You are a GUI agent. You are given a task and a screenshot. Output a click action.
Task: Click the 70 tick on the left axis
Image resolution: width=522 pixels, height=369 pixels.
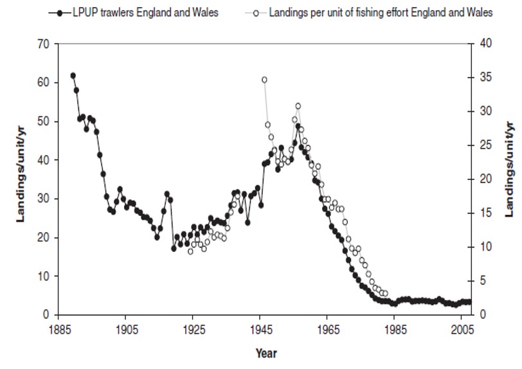tap(44, 44)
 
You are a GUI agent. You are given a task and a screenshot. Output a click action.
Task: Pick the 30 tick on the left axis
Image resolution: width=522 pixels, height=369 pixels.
tap(44, 199)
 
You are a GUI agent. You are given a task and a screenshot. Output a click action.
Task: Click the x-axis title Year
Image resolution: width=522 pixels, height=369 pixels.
tap(265, 353)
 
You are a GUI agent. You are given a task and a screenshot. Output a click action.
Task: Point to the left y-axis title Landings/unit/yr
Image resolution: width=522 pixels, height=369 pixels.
tap(21, 179)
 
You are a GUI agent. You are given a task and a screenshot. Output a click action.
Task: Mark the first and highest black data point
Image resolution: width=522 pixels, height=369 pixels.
tap(73, 76)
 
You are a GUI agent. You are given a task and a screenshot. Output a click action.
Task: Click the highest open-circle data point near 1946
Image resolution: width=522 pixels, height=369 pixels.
tap(264, 80)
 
